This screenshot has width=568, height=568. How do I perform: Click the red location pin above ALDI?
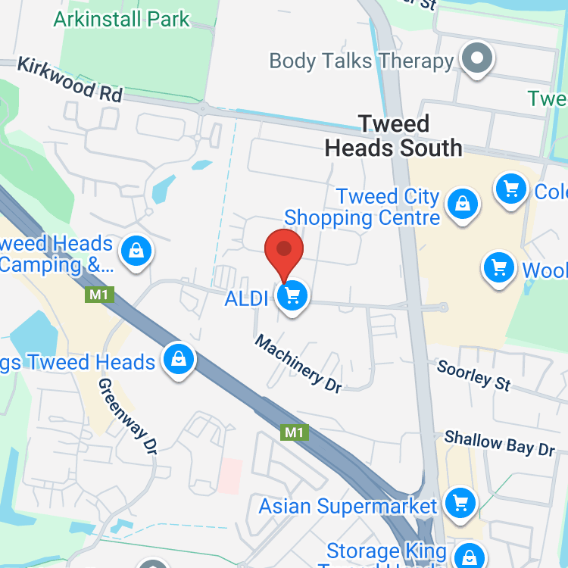click(x=284, y=249)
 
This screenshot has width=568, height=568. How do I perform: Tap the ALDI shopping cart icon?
click(x=292, y=295)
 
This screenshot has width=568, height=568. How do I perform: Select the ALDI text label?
click(x=247, y=298)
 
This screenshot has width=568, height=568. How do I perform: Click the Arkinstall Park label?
click(x=121, y=19)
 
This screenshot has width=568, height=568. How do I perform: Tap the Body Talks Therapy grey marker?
click(x=478, y=58)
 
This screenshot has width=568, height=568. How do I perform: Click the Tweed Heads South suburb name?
click(x=393, y=136)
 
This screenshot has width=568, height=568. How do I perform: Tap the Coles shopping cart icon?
click(x=511, y=188)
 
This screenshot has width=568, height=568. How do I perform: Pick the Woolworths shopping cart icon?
click(x=499, y=267)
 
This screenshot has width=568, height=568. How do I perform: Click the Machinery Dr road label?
click(x=298, y=363)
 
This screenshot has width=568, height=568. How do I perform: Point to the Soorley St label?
click(x=474, y=375)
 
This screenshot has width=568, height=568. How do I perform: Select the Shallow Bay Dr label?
click(x=500, y=443)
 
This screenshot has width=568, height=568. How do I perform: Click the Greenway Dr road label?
click(x=127, y=416)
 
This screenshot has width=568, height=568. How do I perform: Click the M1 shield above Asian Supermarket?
click(x=294, y=432)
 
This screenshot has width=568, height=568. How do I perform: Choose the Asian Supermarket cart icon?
click(x=459, y=503)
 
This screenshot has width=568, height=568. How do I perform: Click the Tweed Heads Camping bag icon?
click(x=136, y=250)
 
